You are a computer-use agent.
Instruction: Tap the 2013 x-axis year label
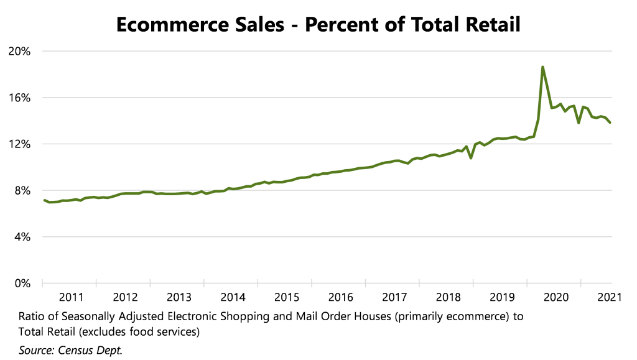click(179, 297)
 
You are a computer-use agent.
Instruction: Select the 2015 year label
click(287, 297)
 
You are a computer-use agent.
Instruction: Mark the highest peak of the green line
click(542, 67)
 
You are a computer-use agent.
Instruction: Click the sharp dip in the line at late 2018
click(471, 158)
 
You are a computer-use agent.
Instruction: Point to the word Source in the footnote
click(37, 351)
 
